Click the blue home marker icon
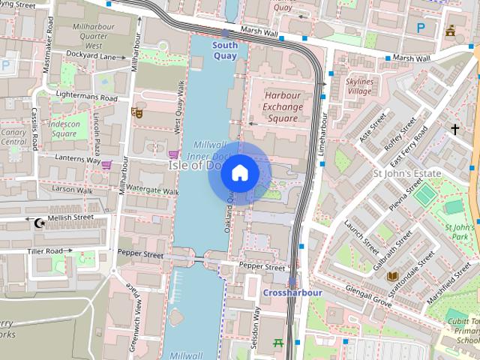[239, 173]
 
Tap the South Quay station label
[225, 50]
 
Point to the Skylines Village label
[359, 85]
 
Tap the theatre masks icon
[136, 112]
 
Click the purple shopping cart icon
[107, 164]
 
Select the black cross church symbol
[454, 130]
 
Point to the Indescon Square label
[65, 128]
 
